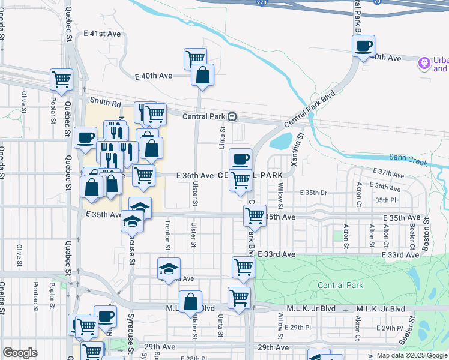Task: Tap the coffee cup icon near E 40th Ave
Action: [x=363, y=46]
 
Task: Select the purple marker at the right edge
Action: [x=424, y=62]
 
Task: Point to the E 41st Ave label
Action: [x=99, y=34]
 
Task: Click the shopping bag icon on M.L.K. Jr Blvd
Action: [x=190, y=302]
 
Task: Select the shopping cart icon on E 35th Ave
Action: [x=255, y=215]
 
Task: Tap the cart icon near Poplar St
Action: [x=61, y=79]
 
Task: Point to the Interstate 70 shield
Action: [x=376, y=2]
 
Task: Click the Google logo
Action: [x=20, y=353]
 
